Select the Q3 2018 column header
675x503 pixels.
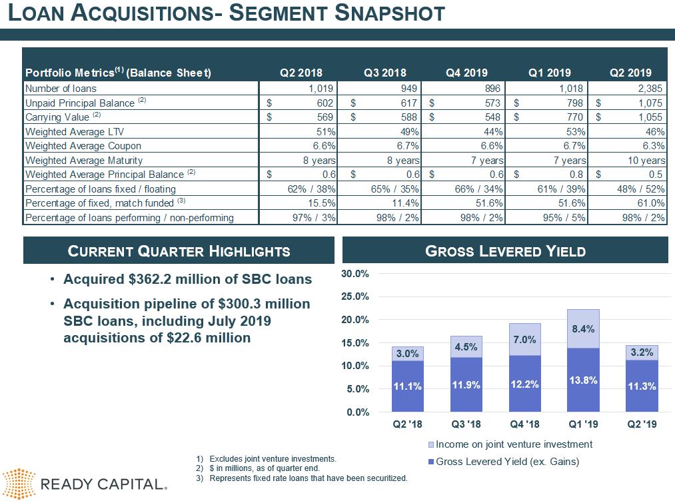coord(384,73)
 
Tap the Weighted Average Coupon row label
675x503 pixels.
coord(83,146)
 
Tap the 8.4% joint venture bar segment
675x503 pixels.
coord(583,328)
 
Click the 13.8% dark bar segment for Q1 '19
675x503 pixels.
coord(583,380)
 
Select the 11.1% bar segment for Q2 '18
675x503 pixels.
coord(407,386)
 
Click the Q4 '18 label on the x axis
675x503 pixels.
coord(524,424)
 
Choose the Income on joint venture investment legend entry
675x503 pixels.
coord(513,444)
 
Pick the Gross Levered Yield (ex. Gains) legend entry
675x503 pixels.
coord(506,461)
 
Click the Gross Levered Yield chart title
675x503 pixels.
coord(505,251)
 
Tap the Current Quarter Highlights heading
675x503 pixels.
coord(179,251)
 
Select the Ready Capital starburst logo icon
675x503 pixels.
coord(19,484)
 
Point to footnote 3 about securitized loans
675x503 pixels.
coord(307,478)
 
